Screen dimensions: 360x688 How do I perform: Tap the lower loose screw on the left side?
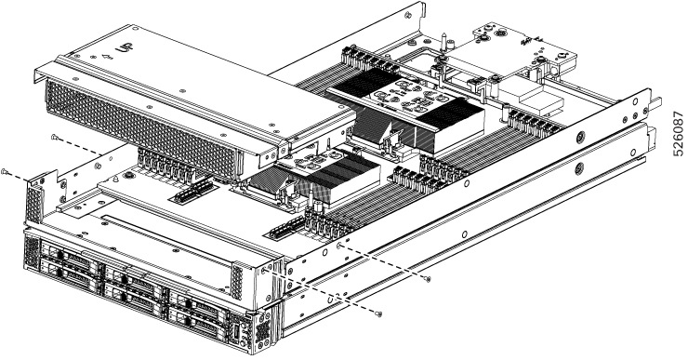(7, 173)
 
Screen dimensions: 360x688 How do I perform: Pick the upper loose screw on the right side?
(426, 278)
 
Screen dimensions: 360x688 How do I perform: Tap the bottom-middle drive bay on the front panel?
(137, 296)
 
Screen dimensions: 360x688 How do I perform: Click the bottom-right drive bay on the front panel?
(198, 320)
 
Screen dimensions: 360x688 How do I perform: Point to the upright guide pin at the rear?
(447, 43)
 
